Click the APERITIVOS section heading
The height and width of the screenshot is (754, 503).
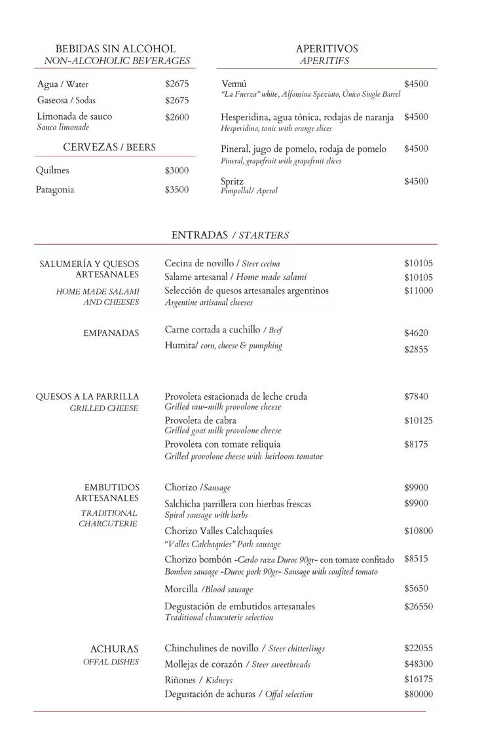327,49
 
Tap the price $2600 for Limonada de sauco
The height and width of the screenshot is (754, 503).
177,117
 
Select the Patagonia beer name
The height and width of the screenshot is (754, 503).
55,190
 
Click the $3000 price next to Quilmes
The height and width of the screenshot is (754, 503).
177,171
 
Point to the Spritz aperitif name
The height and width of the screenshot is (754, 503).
233,181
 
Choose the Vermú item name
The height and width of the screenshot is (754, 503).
234,84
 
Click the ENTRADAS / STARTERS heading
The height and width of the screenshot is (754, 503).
230,235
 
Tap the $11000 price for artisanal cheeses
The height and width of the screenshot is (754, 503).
419,291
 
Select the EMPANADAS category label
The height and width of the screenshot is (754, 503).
111,333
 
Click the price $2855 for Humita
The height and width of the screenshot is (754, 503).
416,350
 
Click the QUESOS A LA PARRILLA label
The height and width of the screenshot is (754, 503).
87,397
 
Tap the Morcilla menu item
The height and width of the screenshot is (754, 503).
181,589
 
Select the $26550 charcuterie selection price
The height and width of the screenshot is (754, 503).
419,607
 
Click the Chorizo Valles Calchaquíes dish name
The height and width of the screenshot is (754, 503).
219,531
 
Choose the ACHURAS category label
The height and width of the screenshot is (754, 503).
115,649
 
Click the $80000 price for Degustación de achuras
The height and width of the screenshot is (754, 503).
419,694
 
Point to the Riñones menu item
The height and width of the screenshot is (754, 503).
180,680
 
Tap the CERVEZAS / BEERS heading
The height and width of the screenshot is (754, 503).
109,148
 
